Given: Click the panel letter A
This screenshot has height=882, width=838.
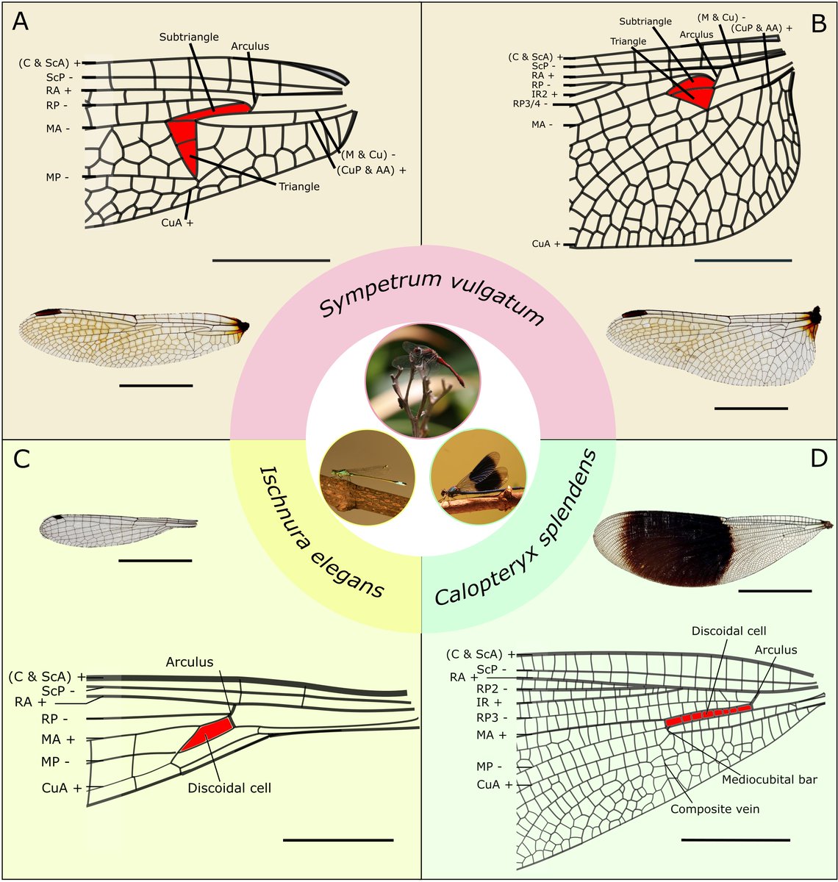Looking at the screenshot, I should click(21, 22).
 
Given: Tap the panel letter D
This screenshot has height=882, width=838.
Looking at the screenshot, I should click(818, 459).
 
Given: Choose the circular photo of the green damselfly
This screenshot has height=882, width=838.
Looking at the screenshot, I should click(366, 478).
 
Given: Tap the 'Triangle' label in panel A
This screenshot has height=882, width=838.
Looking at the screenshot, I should click(299, 187).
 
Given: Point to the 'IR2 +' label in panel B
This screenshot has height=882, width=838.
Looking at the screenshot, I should click(545, 94).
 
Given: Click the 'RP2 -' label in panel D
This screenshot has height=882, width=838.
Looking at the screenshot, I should click(493, 689).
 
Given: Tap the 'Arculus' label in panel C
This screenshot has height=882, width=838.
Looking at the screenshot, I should click(189, 662).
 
